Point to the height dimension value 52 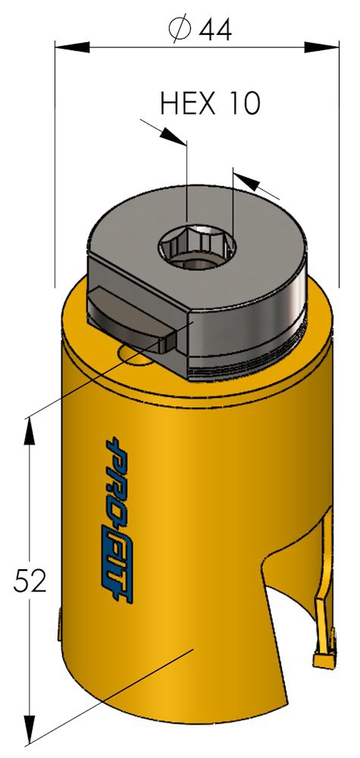pos(30,581)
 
